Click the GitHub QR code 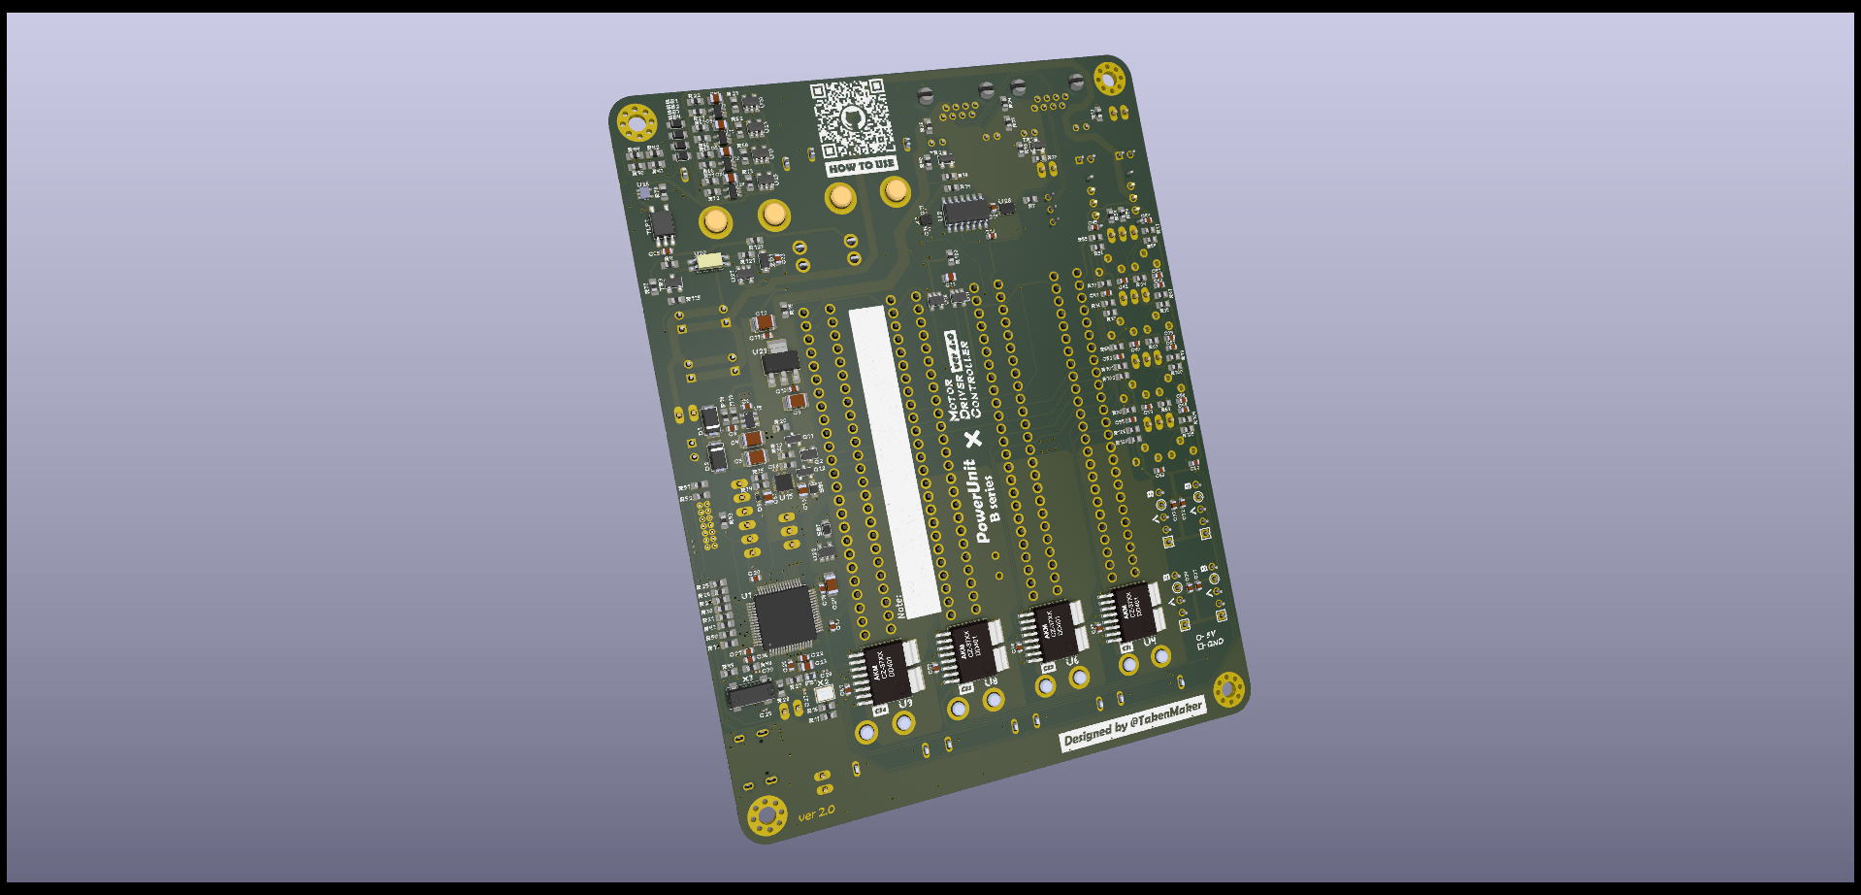click(852, 118)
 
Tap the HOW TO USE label click(861, 166)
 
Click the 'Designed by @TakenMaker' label click(1132, 724)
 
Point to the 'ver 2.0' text click(816, 812)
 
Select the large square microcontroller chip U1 click(783, 617)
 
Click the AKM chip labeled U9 click(886, 670)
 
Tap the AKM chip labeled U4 click(1133, 612)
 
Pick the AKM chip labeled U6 click(1053, 630)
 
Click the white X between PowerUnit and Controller click(973, 439)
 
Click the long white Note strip click(894, 461)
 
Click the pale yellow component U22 click(709, 261)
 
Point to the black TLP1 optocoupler click(663, 224)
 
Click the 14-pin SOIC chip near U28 click(964, 211)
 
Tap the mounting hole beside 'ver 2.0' click(767, 814)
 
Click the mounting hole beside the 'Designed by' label click(1228, 688)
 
